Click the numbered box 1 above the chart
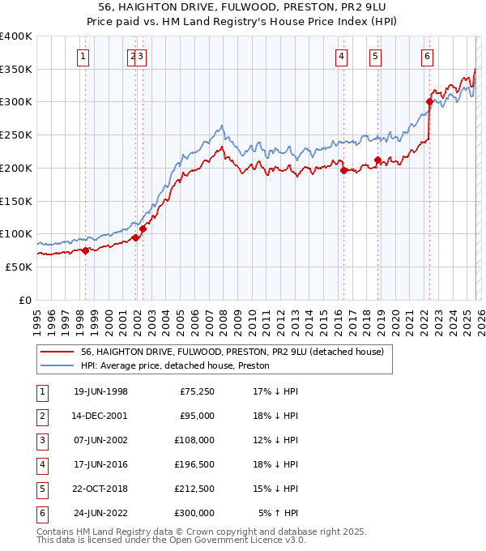85,56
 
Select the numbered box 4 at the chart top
342,56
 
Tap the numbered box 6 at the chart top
427,56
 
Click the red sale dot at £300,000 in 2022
429,101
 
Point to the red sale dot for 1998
85,250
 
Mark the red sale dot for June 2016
343,171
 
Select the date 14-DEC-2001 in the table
100,416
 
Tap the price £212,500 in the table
196,489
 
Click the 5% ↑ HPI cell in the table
279,513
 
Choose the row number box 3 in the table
41,440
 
